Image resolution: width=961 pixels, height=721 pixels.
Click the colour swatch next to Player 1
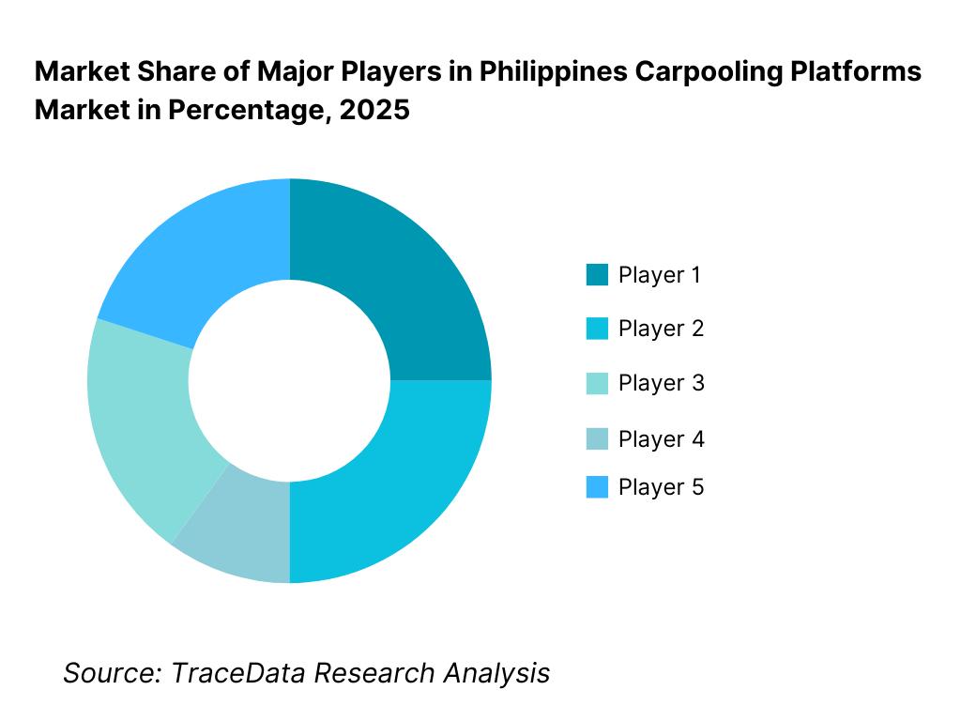tap(597, 275)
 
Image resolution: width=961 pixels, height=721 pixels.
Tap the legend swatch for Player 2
tap(597, 329)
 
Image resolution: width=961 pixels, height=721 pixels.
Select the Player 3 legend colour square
tap(597, 383)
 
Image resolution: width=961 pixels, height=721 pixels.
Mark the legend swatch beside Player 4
tap(597, 438)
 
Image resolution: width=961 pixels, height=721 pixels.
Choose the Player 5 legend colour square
tap(597, 487)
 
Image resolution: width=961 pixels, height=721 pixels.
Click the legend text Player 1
tap(660, 275)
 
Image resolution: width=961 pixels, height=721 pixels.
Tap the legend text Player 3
tap(661, 383)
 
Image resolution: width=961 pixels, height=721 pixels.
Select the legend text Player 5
tap(661, 487)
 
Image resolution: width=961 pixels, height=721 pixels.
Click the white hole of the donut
tap(289, 380)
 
